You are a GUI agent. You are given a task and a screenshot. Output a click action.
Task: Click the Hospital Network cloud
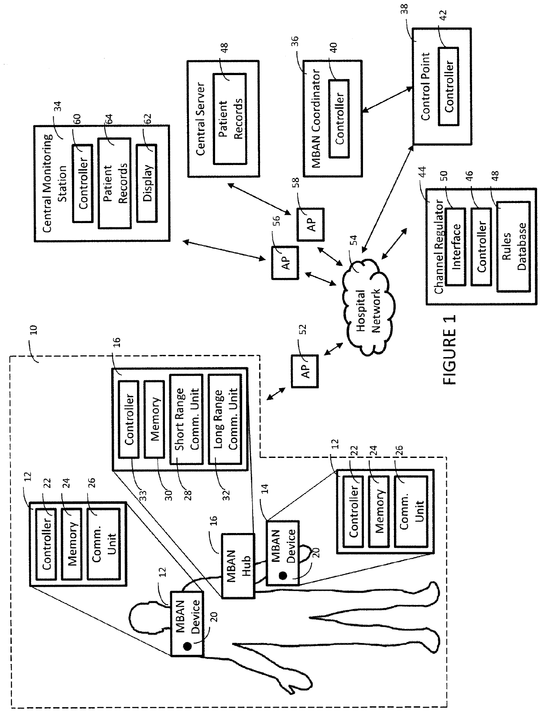tap(368, 307)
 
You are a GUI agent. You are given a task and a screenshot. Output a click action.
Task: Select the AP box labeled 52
tap(305, 371)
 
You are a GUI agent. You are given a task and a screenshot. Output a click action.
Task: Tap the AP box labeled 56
tap(285, 263)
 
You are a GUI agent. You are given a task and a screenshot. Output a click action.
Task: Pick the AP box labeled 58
tap(311, 224)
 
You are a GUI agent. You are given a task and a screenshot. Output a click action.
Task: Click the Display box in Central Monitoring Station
tap(147, 183)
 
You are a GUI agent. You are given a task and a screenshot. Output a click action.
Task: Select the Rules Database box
tap(514, 247)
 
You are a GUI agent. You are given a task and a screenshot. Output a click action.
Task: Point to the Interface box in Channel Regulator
tap(456, 247)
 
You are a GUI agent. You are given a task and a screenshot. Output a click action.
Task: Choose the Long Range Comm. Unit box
tap(225, 420)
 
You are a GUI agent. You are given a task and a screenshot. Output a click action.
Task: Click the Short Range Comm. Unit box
tap(186, 420)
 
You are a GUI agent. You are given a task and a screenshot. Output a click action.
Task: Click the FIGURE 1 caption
tap(449, 349)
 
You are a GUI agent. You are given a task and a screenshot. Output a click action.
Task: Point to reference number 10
tap(34, 330)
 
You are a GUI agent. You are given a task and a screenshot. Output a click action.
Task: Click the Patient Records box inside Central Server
tap(230, 119)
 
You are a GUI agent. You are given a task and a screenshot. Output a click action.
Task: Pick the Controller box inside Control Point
tap(449, 86)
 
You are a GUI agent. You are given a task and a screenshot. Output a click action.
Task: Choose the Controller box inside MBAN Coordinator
tap(339, 118)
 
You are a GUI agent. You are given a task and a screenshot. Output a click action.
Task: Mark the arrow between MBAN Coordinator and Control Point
tap(387, 100)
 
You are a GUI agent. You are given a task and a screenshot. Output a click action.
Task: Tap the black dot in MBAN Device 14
tap(283, 575)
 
